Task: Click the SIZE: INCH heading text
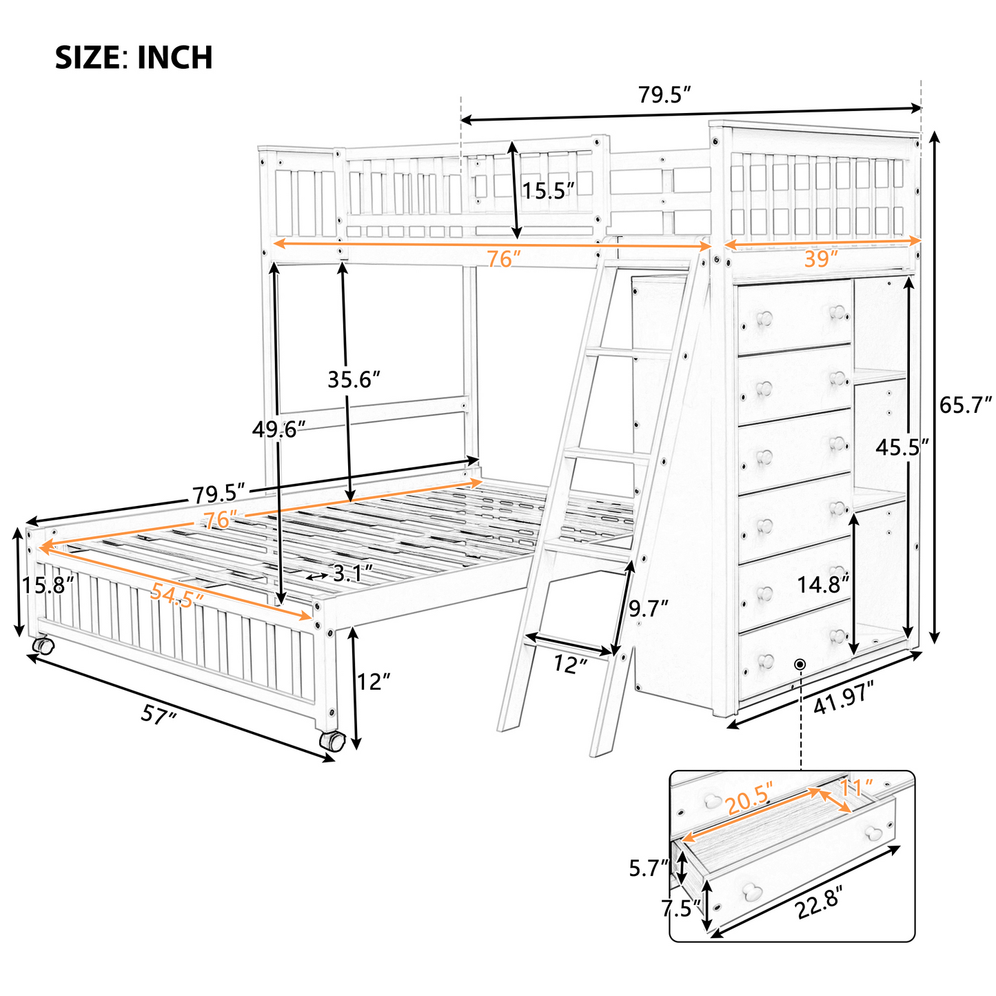(x=134, y=58)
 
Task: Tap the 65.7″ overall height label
(x=964, y=405)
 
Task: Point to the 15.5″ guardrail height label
(x=548, y=190)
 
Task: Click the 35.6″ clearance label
(x=354, y=379)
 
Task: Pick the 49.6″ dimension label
(x=278, y=429)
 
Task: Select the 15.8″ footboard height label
(x=46, y=586)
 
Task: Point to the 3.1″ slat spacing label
(x=352, y=572)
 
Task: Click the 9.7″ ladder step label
(x=649, y=609)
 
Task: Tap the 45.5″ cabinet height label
(x=902, y=448)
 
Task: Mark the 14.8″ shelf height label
(x=824, y=585)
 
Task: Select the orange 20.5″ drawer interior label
(x=750, y=799)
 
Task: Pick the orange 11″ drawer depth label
(x=857, y=787)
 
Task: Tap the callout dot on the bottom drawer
(x=800, y=664)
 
